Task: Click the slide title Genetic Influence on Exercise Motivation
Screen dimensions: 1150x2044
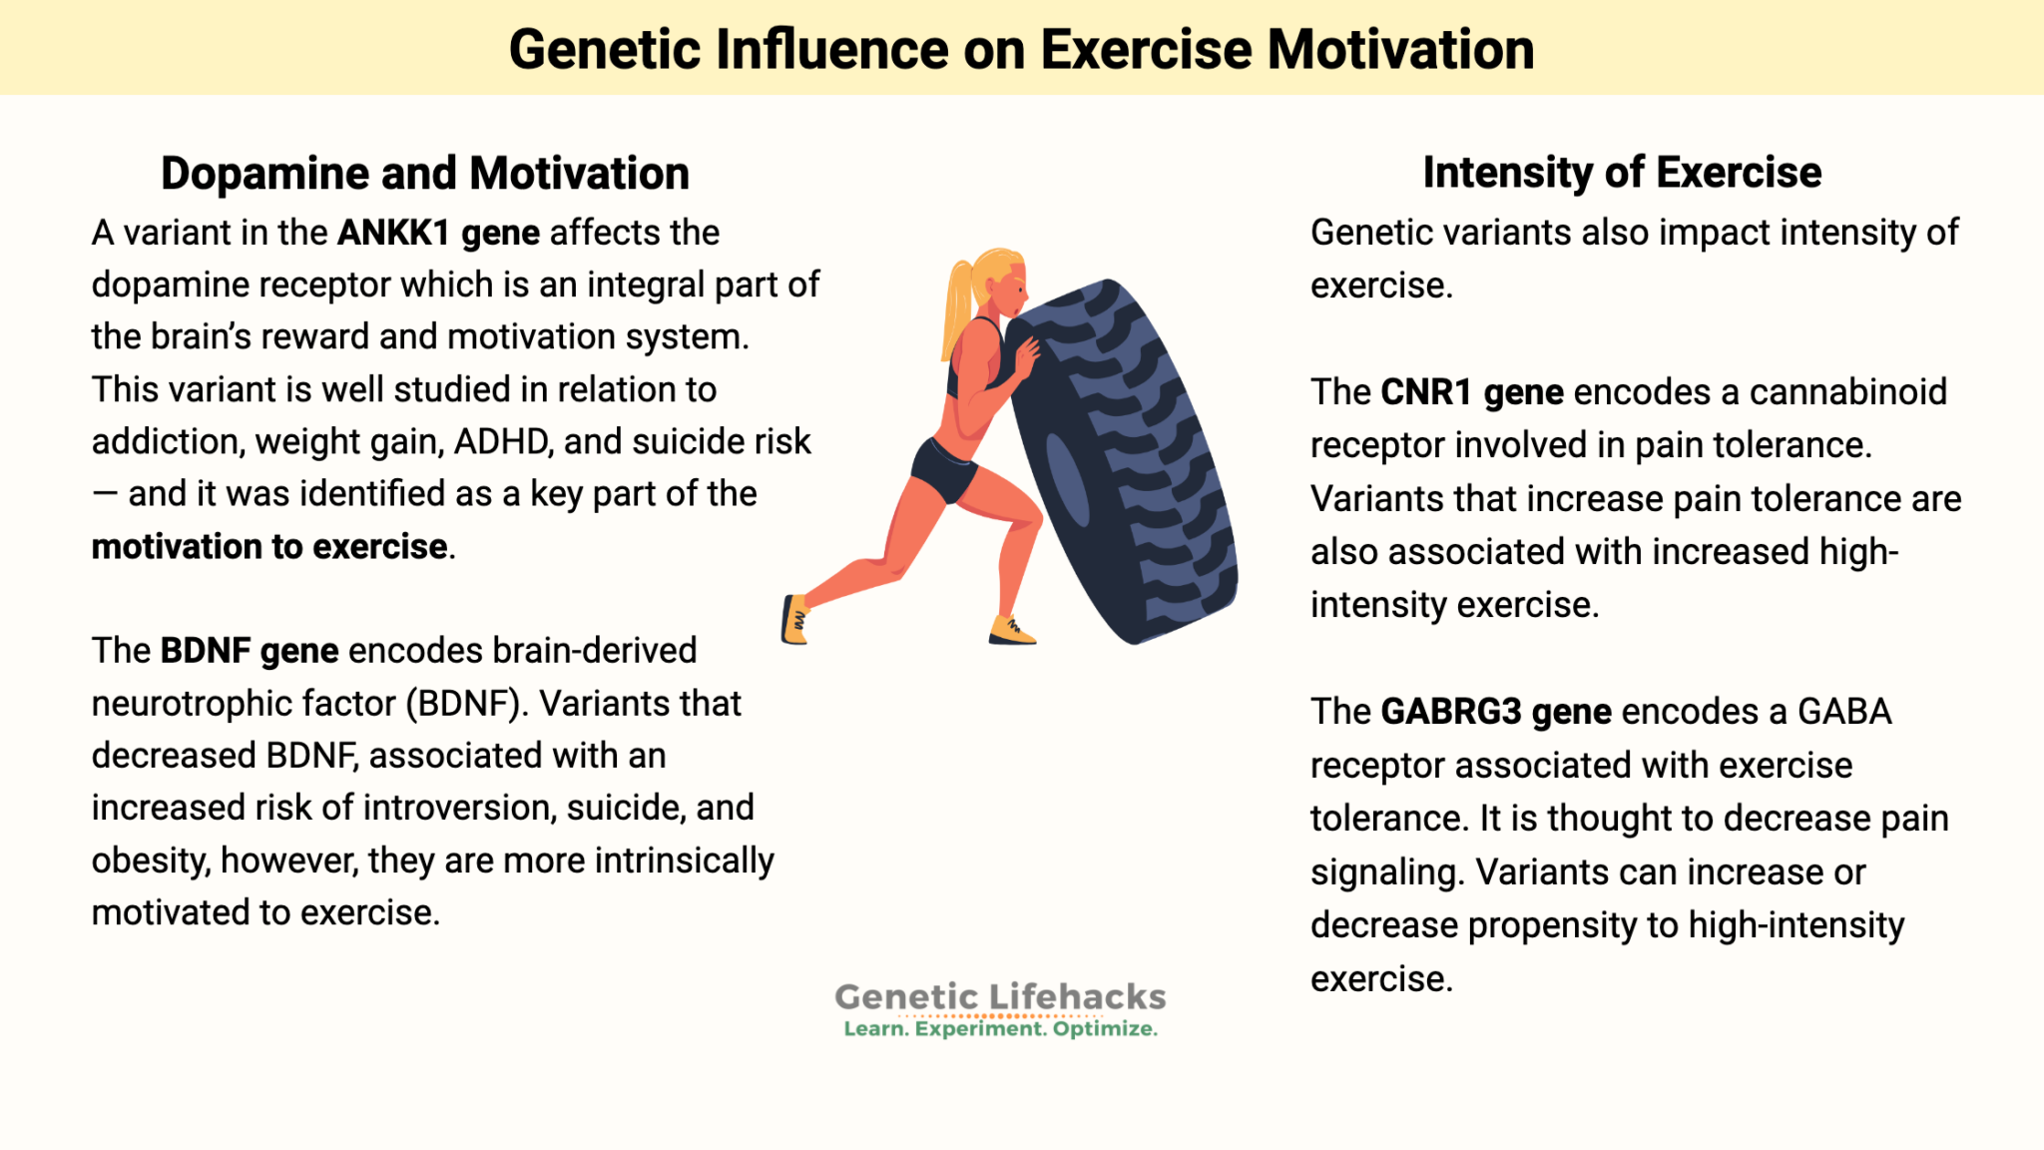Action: (x=1021, y=50)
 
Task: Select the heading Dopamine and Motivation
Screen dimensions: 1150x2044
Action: (x=425, y=174)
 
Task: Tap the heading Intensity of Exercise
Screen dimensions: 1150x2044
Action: (x=1622, y=173)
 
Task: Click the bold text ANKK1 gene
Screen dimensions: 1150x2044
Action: (x=438, y=233)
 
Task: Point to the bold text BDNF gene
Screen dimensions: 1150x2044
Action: (x=250, y=651)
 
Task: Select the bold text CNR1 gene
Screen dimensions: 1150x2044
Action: (x=1472, y=392)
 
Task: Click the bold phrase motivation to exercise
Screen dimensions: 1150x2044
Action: (x=269, y=547)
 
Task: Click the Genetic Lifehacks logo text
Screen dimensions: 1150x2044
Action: (x=1000, y=996)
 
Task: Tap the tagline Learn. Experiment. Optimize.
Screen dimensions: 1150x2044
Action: (x=1000, y=1029)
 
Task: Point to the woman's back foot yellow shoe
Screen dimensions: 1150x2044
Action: (x=794, y=619)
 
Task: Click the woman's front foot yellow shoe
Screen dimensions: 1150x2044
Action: (x=1011, y=631)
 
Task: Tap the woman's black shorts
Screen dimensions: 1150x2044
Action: (x=942, y=469)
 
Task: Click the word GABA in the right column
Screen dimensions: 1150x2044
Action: (x=1844, y=712)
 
